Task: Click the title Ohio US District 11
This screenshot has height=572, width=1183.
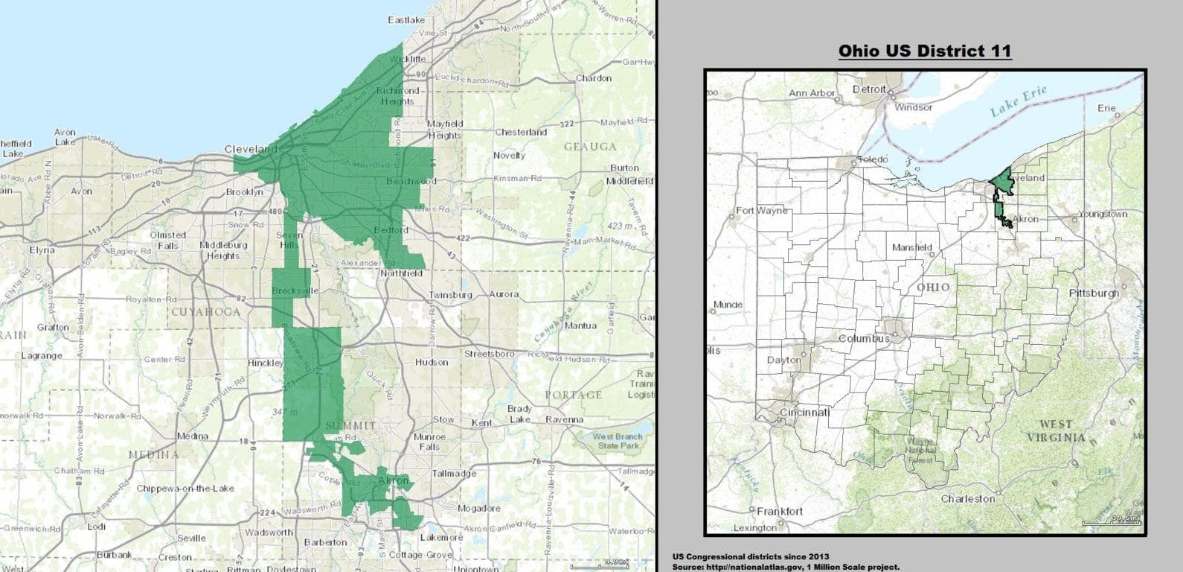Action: [925, 51]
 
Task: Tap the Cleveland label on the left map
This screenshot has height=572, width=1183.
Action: [250, 149]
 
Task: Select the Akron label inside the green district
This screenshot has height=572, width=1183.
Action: [394, 481]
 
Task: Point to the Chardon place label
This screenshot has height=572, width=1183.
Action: [594, 78]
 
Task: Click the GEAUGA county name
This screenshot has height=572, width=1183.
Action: [590, 147]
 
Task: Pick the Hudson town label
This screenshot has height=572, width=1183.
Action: [432, 362]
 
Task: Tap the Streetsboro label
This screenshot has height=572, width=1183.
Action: [490, 354]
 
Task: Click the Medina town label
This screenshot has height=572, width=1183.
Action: [192, 436]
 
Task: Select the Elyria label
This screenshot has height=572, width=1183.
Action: [42, 250]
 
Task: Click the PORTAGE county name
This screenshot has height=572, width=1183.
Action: [573, 395]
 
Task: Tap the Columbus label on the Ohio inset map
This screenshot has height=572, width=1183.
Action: [864, 338]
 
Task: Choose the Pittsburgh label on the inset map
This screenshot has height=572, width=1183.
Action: [1094, 293]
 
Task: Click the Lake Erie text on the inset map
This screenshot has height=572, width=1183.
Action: [1018, 101]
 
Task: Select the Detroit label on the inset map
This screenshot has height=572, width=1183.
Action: [869, 89]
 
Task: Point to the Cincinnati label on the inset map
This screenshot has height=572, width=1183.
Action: [804, 412]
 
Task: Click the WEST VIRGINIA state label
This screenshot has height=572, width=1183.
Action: [1056, 430]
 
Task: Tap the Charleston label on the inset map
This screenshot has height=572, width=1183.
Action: [967, 498]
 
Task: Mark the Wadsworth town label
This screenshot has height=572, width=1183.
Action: [269, 533]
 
